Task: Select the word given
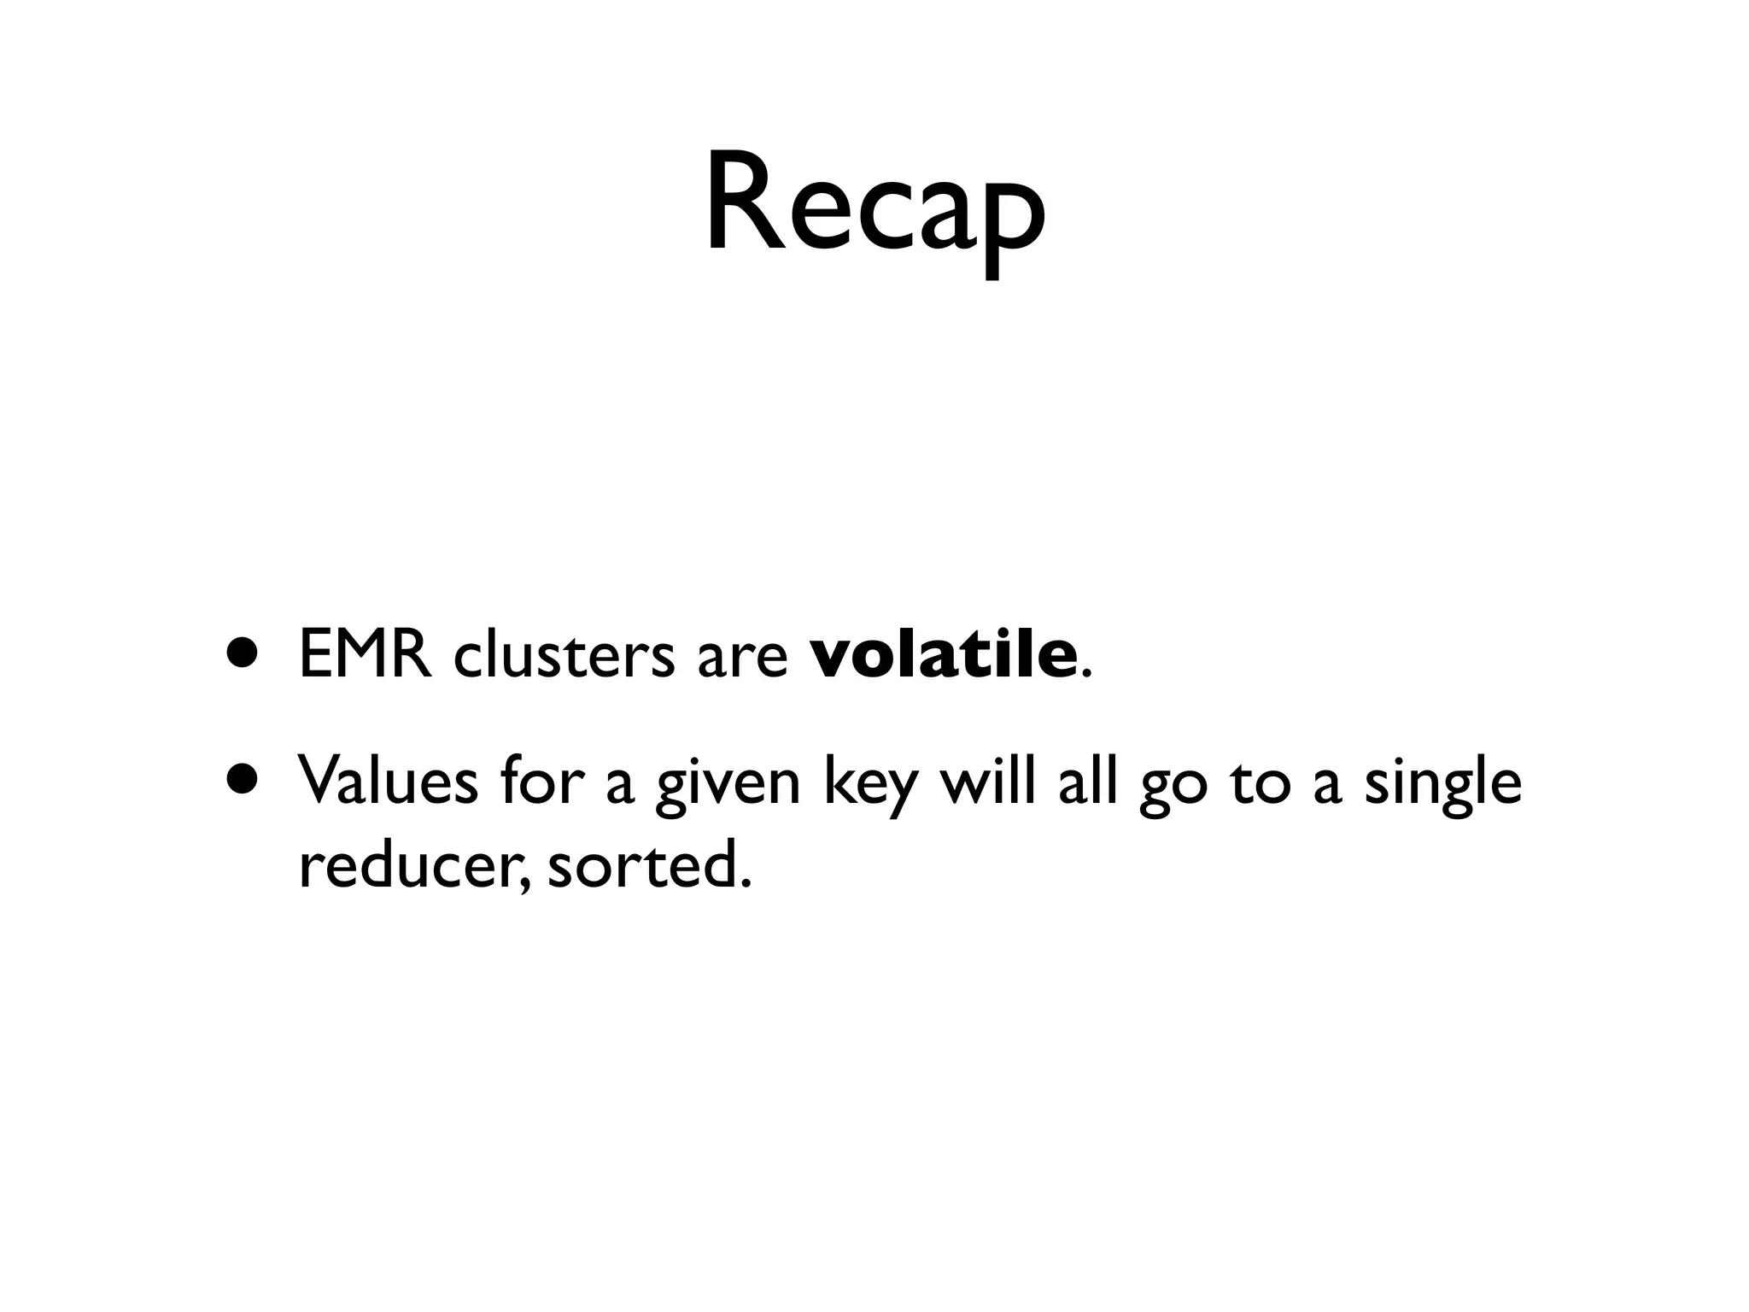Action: tap(728, 786)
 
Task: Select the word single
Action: tap(1442, 784)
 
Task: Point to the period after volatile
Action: tap(1085, 675)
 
